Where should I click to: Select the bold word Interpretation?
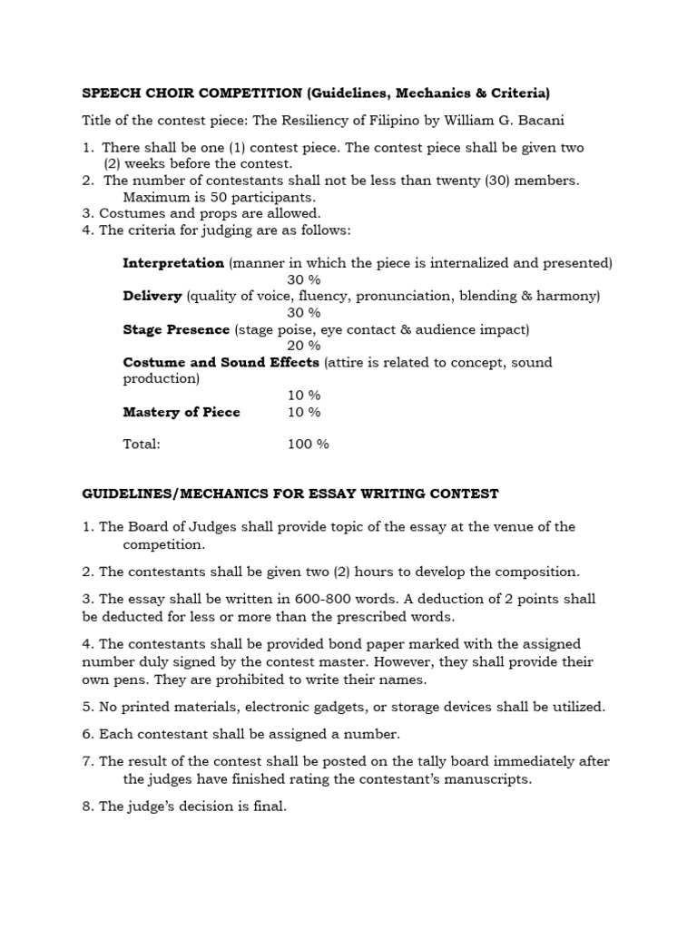(x=173, y=263)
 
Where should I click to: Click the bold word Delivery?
(x=152, y=296)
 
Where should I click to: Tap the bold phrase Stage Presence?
(x=176, y=329)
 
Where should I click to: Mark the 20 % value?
(x=303, y=346)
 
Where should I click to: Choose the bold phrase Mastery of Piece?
(x=182, y=412)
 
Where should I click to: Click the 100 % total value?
(x=308, y=445)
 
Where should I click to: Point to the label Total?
(x=142, y=445)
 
